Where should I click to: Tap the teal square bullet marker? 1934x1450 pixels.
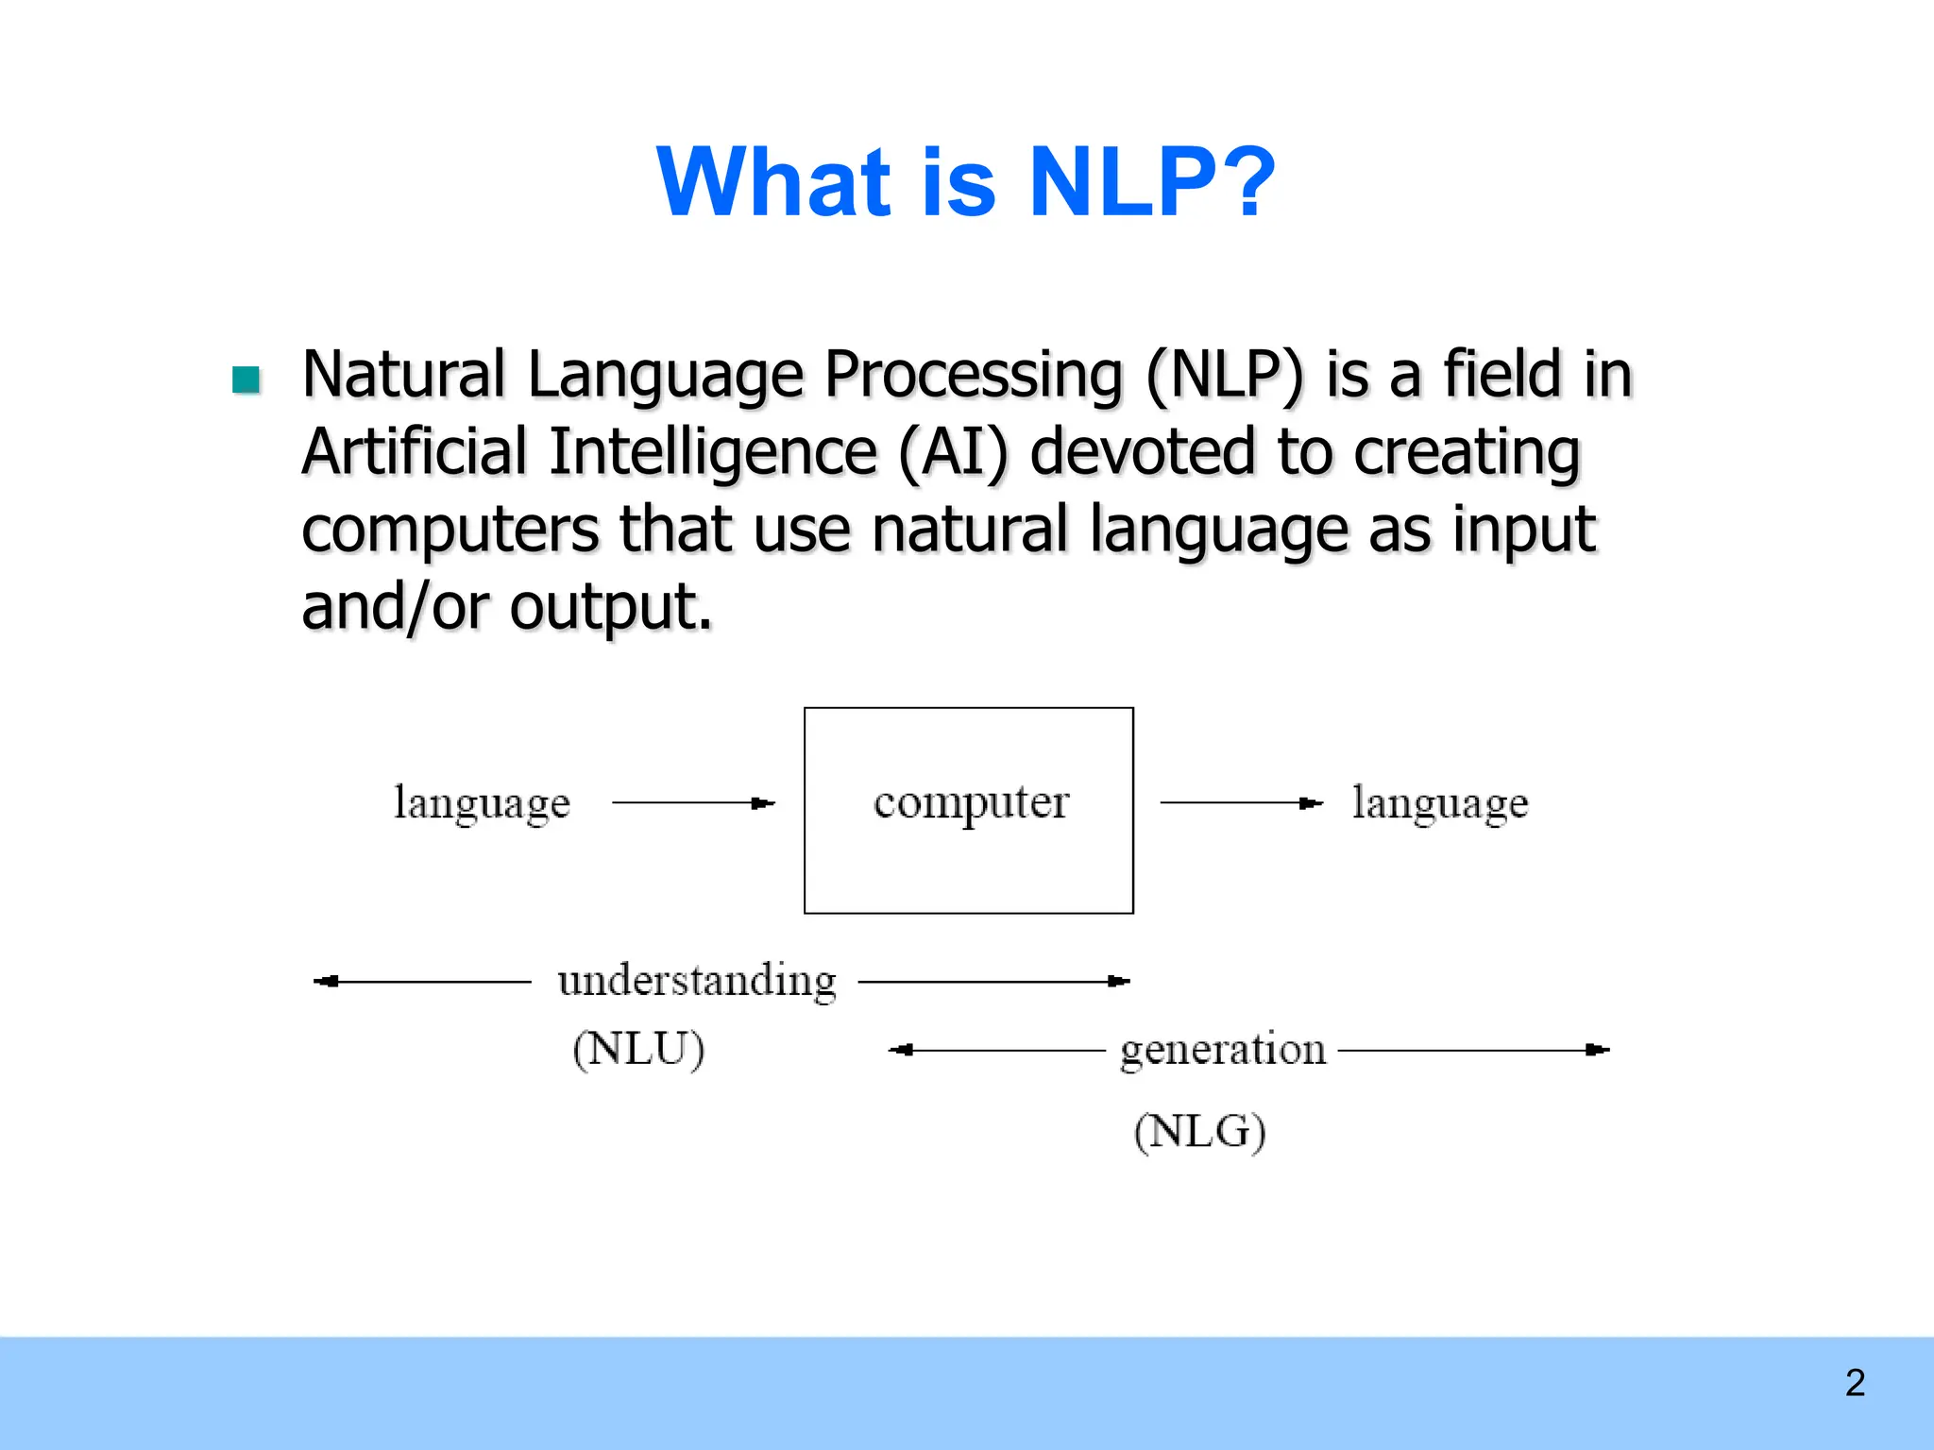tap(246, 379)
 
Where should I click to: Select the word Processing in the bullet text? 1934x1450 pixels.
tap(973, 376)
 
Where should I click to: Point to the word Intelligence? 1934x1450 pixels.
tap(713, 452)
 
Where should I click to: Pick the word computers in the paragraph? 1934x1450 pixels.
tap(450, 530)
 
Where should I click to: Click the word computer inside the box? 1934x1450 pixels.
tap(971, 803)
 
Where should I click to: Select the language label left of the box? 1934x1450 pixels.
tap(482, 803)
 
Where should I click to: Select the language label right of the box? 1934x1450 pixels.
tap(1439, 803)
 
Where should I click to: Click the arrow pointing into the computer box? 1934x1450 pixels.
tap(694, 803)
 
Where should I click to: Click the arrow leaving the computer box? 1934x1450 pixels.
tap(1242, 803)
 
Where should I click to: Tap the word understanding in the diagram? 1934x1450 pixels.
tap(697, 981)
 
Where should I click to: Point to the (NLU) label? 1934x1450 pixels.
tap(638, 1049)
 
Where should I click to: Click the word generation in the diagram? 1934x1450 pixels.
tap(1223, 1050)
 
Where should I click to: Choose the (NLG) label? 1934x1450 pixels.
tap(1199, 1131)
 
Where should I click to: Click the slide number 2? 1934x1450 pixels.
tap(1855, 1383)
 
